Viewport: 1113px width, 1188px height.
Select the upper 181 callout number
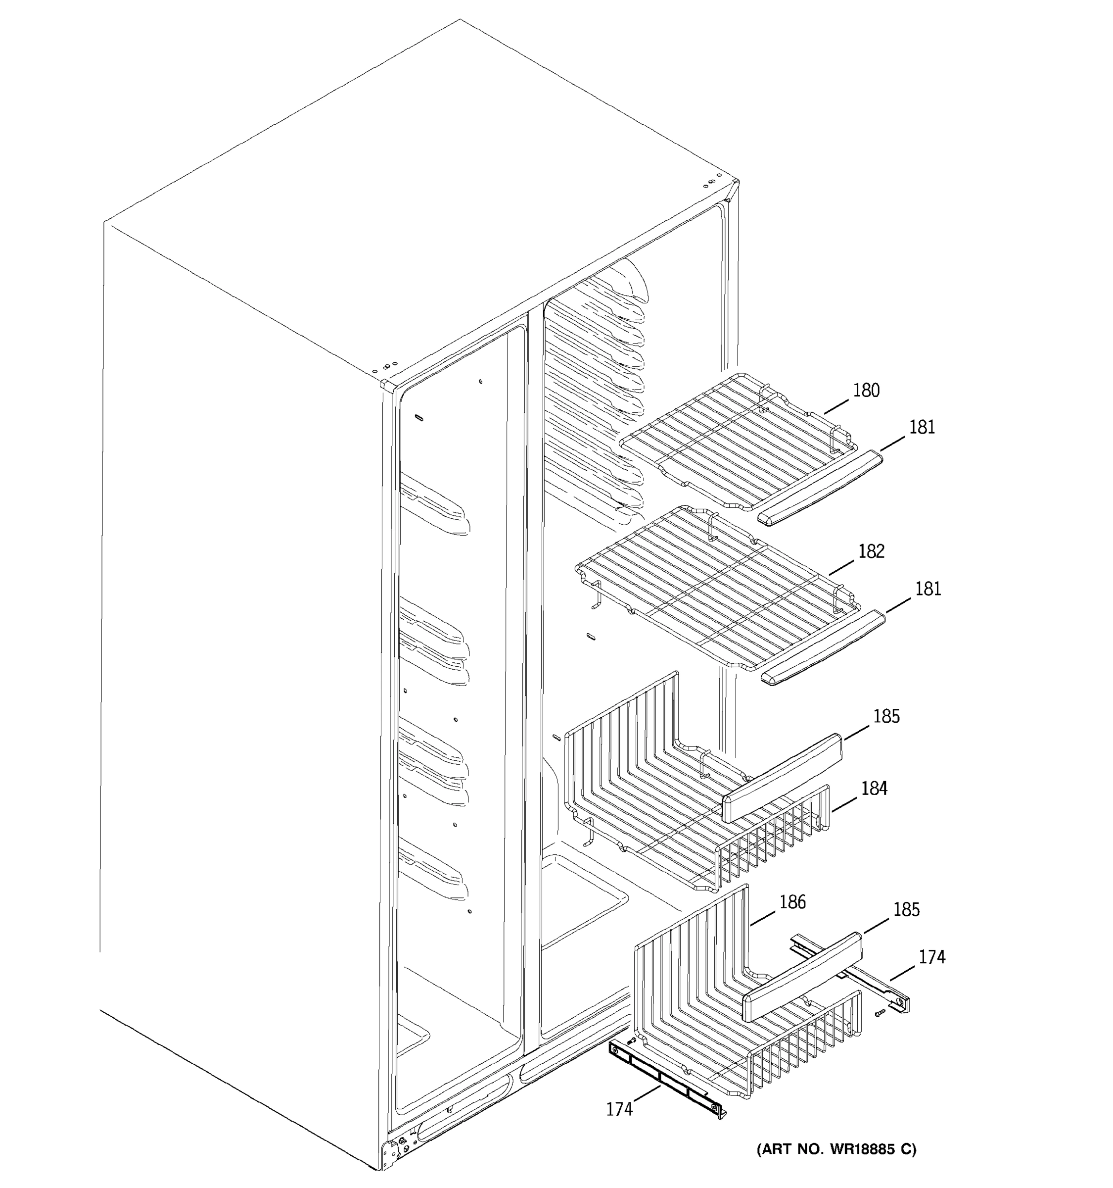922,427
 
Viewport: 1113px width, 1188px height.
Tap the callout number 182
871,551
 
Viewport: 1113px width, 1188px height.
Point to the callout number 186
792,902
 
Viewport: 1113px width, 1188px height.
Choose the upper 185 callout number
886,716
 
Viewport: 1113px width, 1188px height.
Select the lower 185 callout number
906,909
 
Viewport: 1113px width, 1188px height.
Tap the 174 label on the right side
931,957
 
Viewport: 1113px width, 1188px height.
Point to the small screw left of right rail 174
880,1013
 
